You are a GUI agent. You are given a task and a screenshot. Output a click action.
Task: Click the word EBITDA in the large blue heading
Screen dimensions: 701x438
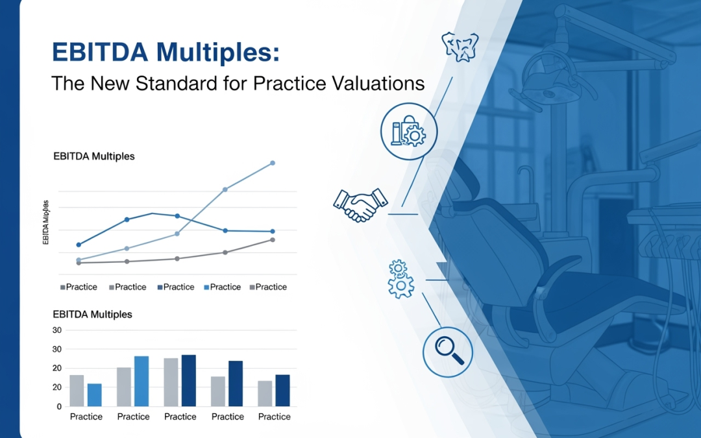coord(100,52)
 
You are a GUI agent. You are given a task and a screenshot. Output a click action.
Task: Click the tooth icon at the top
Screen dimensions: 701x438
coord(460,47)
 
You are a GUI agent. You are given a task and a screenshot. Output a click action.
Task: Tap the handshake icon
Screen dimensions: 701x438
coord(361,204)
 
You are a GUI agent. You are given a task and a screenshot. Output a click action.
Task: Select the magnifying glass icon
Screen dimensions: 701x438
coord(448,352)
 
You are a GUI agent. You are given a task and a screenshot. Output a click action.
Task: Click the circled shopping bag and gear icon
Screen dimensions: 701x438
coord(409,131)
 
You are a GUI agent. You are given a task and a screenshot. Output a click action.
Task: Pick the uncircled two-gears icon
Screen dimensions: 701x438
coord(400,278)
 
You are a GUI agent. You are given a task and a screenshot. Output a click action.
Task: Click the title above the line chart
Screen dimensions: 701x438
coord(94,156)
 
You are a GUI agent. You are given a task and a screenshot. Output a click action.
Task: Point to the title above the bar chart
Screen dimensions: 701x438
coord(93,314)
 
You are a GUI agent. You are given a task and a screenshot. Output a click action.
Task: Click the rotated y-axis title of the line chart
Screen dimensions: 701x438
coord(45,222)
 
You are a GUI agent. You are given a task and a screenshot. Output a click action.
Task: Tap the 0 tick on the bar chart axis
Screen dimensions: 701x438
coord(59,407)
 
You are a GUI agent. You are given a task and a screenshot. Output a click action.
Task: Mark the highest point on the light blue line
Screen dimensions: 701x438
coord(273,163)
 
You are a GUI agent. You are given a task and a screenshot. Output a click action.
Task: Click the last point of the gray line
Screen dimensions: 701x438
coord(273,240)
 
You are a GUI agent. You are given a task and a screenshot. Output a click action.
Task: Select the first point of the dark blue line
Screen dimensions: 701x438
coord(79,245)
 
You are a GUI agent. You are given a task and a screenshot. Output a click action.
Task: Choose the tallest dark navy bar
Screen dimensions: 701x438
coord(189,380)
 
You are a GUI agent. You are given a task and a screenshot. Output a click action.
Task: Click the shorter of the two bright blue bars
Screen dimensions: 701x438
coord(94,395)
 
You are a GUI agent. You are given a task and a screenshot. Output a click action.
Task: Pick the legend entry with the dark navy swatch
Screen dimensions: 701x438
coord(176,287)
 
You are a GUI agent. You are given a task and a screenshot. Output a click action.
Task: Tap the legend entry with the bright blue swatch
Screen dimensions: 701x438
coord(222,287)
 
